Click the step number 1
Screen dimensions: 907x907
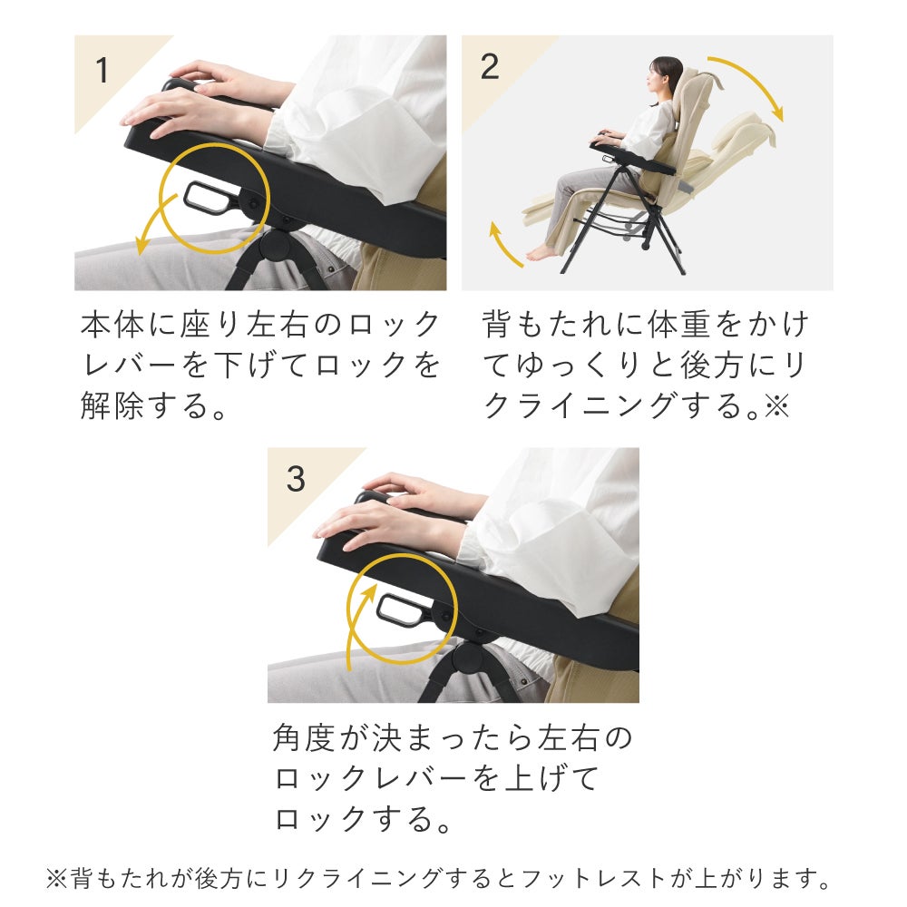pos(102,70)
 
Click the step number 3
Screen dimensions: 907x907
pos(296,479)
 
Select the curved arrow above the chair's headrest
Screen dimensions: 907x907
pos(753,80)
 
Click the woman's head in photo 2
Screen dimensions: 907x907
pos(664,76)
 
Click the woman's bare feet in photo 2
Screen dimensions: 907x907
pos(541,252)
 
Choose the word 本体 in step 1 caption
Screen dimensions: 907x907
pos(112,324)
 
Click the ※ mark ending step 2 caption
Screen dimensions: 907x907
pos(777,405)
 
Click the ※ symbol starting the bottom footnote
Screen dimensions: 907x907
pos(56,879)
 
